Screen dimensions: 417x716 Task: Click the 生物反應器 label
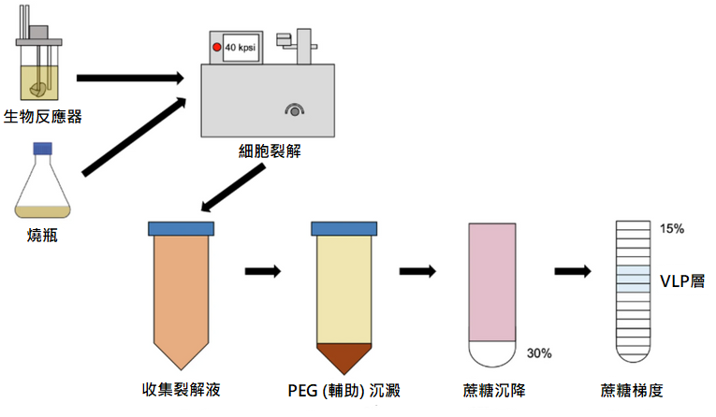(x=43, y=117)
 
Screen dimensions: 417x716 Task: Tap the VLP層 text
(x=682, y=280)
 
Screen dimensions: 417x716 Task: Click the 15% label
(x=672, y=229)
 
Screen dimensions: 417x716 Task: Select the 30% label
(x=539, y=353)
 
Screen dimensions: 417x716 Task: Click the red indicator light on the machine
(x=216, y=46)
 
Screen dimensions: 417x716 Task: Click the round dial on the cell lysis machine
(x=296, y=111)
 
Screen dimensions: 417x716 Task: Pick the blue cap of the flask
(x=42, y=148)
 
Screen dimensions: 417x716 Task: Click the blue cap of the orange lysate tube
(x=182, y=228)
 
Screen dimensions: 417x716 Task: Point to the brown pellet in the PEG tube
(x=343, y=356)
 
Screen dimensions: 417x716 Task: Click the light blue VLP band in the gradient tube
(x=632, y=278)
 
